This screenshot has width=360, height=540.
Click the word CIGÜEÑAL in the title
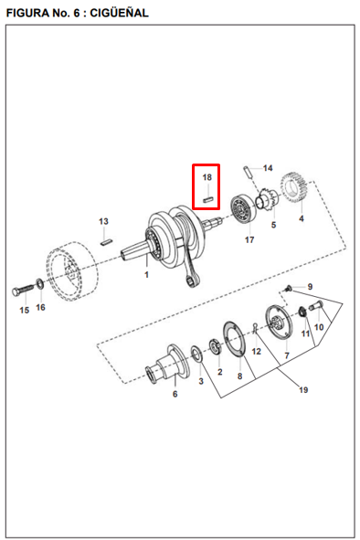pyautogui.click(x=119, y=13)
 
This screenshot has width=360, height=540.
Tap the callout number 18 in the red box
pyautogui.click(x=207, y=177)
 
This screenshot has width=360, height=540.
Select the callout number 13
pyautogui.click(x=103, y=221)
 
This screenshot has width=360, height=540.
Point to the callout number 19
pyautogui.click(x=303, y=390)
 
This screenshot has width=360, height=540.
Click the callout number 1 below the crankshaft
pyautogui.click(x=146, y=275)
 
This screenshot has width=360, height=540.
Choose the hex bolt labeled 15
pyautogui.click(x=24, y=290)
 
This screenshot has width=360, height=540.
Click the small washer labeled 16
pyautogui.click(x=40, y=283)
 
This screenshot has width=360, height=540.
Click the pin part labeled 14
pyautogui.click(x=249, y=172)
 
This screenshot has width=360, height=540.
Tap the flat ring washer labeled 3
pyautogui.click(x=197, y=354)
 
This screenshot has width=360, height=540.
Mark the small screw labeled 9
pyautogui.click(x=288, y=288)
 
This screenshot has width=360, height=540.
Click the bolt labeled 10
pyautogui.click(x=315, y=306)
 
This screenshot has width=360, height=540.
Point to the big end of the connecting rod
pyautogui.click(x=192, y=281)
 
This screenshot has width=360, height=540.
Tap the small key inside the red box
pyautogui.click(x=208, y=198)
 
